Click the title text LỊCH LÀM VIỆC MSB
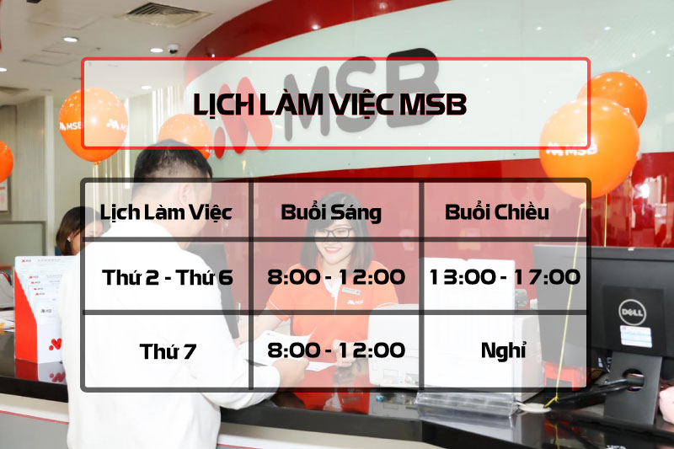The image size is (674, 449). click(329, 104)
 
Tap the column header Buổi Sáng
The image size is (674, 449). click(331, 212)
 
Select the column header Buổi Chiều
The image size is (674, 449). click(496, 211)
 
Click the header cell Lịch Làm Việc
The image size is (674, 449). click(166, 212)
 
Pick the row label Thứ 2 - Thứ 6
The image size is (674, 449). click(168, 277)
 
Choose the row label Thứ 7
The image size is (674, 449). click(168, 351)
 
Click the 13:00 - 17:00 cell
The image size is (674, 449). click(505, 277)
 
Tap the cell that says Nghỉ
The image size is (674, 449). click(503, 350)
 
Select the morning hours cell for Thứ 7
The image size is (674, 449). click(336, 350)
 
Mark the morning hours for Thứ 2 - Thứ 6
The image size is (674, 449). click(336, 277)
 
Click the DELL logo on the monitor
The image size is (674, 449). click(632, 312)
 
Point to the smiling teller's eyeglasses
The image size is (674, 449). click(332, 233)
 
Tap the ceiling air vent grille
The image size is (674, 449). click(163, 13)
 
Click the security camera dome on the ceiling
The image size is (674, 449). click(173, 49)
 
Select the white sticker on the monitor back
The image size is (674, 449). click(636, 336)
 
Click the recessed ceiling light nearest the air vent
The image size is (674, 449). click(71, 40)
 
